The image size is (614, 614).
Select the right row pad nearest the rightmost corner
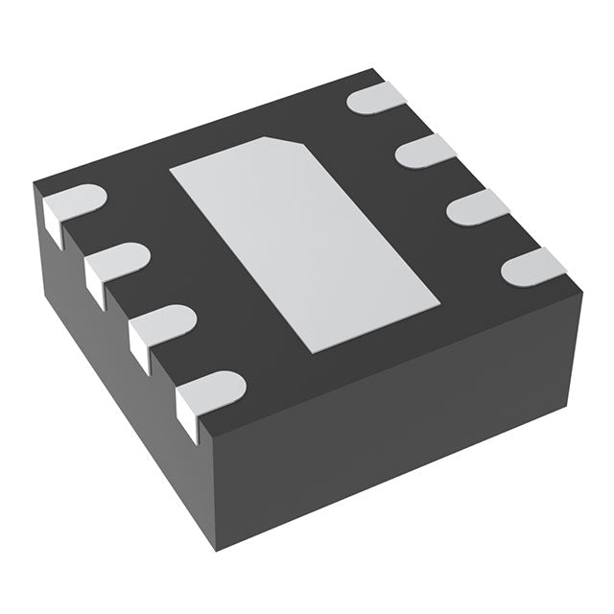[533, 266]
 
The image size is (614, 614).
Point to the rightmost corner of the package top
[581, 294]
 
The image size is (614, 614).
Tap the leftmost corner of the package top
[35, 184]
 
